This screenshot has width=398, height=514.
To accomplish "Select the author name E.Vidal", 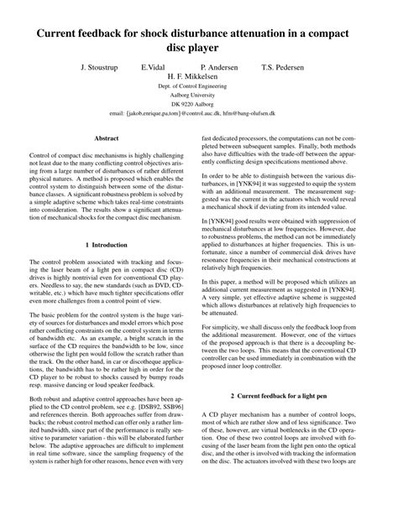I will pyautogui.click(x=153, y=65).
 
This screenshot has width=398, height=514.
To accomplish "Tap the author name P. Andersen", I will pyautogui.click(x=219, y=65).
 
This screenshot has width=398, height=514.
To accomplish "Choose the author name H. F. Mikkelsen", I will pyautogui.click(x=199, y=75).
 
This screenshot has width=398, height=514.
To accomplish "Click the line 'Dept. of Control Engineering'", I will pyautogui.click(x=199, y=86).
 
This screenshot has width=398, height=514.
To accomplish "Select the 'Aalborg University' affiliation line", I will pyautogui.click(x=199, y=96).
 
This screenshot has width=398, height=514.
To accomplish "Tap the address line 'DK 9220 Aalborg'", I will pyautogui.click(x=199, y=105).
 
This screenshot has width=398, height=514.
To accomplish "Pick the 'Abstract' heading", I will pyautogui.click(x=107, y=137).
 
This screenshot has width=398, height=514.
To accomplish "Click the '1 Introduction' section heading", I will pyautogui.click(x=107, y=244).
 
